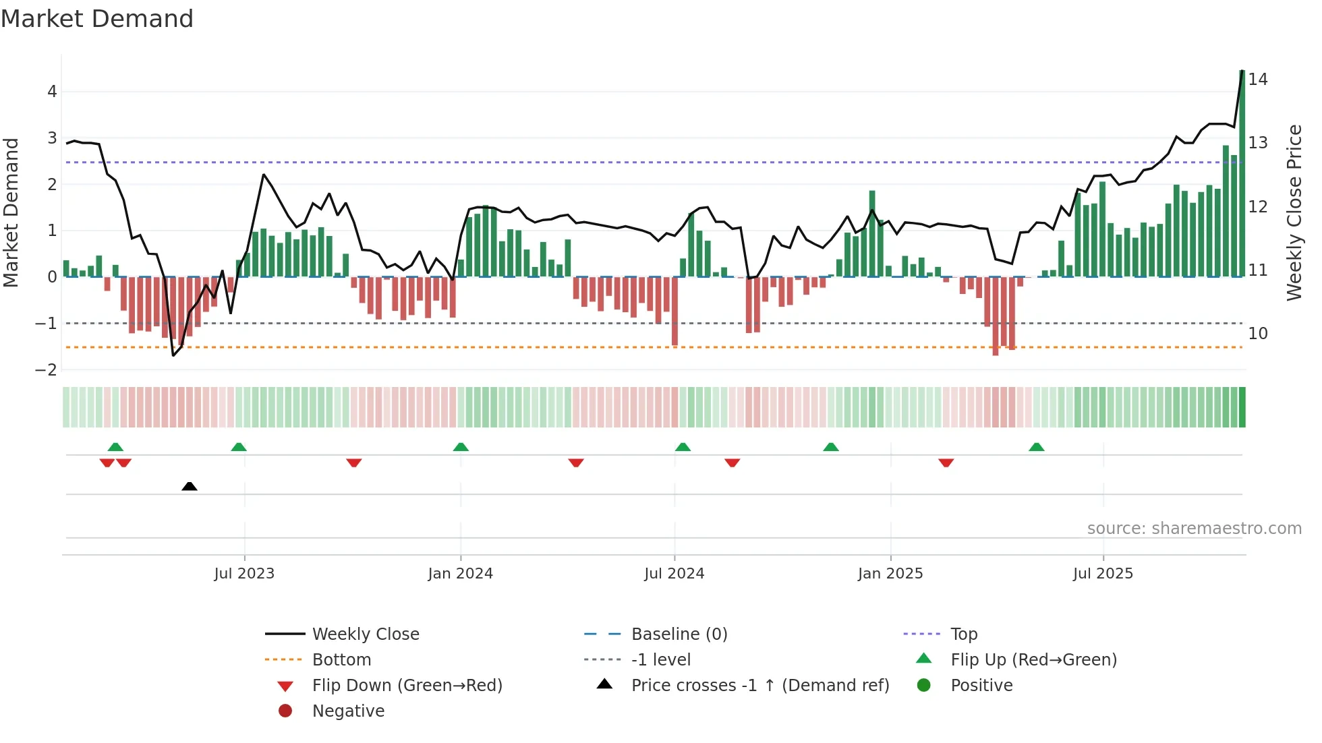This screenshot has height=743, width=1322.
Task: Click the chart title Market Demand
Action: pyautogui.click(x=97, y=19)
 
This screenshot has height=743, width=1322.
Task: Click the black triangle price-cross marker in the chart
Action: pyautogui.click(x=190, y=486)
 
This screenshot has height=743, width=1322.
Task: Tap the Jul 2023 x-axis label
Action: pyautogui.click(x=244, y=574)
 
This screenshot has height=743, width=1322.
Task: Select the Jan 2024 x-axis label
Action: pyautogui.click(x=460, y=574)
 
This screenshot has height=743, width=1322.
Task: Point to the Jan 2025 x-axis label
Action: pyautogui.click(x=890, y=574)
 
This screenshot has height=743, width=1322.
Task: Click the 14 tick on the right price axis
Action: pyautogui.click(x=1257, y=80)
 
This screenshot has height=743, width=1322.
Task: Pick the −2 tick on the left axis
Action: pyautogui.click(x=47, y=369)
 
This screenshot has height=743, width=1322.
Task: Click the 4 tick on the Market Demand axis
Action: pyautogui.click(x=52, y=92)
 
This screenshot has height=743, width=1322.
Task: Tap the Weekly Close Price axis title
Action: pyautogui.click(x=1294, y=212)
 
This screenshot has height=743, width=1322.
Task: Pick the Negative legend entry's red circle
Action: pyautogui.click(x=285, y=711)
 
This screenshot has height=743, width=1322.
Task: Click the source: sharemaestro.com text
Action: pyautogui.click(x=1194, y=528)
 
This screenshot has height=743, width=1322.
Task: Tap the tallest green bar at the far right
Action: pyautogui.click(x=1242, y=175)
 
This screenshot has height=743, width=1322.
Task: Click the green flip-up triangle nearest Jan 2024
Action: pyautogui.click(x=461, y=447)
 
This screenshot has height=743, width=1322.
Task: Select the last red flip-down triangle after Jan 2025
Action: pyautogui.click(x=946, y=463)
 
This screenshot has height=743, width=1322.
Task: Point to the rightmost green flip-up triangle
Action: pyautogui.click(x=1037, y=447)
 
